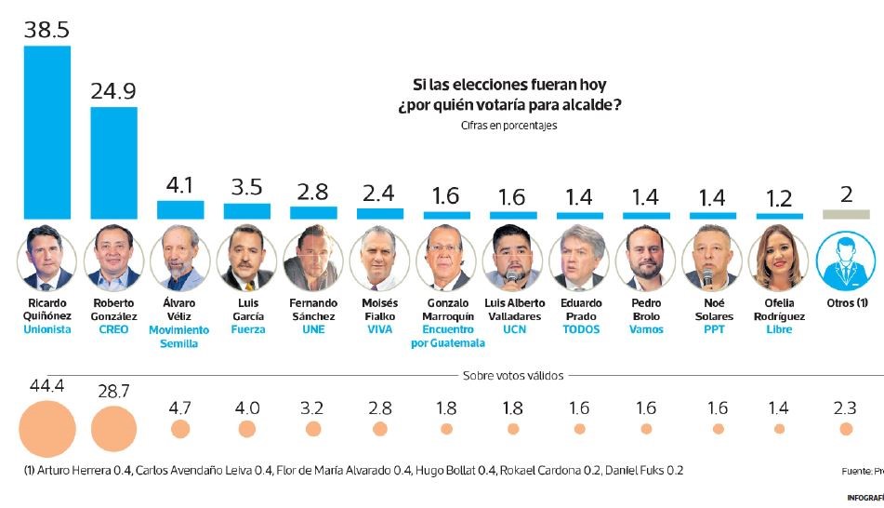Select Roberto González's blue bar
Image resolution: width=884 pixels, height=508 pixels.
click(113, 163)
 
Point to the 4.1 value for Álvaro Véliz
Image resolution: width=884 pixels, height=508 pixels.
click(179, 184)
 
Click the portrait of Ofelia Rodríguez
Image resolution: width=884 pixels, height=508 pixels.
click(779, 256)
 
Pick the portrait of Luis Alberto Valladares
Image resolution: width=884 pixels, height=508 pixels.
click(512, 256)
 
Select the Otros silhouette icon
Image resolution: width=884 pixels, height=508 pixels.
click(845, 258)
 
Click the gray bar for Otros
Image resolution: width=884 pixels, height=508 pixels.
click(845, 214)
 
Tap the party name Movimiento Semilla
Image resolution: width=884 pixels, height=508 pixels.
click(179, 337)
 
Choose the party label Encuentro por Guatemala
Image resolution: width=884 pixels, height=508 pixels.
click(447, 337)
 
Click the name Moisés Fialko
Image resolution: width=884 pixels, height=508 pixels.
click(380, 310)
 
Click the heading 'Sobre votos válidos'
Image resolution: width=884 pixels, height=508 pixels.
click(512, 376)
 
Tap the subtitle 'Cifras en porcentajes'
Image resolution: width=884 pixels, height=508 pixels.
click(508, 126)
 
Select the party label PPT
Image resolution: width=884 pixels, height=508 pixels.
click(712, 330)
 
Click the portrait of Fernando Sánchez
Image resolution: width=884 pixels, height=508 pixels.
click(313, 256)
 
